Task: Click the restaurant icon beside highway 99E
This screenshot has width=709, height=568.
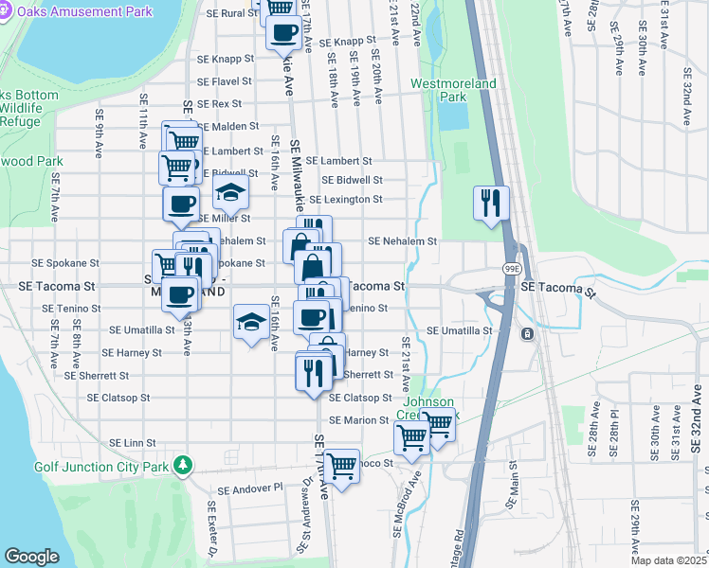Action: point(491,203)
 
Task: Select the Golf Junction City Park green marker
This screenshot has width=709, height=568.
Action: point(188,466)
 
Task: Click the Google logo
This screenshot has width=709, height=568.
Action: point(31,556)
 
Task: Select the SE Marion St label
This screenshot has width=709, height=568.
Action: point(360,420)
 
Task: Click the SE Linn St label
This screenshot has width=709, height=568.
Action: point(132,443)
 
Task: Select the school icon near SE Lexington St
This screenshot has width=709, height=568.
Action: point(229,193)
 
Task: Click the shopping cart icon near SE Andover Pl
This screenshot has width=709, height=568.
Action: point(341,466)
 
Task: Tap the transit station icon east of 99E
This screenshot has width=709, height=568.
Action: point(526,334)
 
